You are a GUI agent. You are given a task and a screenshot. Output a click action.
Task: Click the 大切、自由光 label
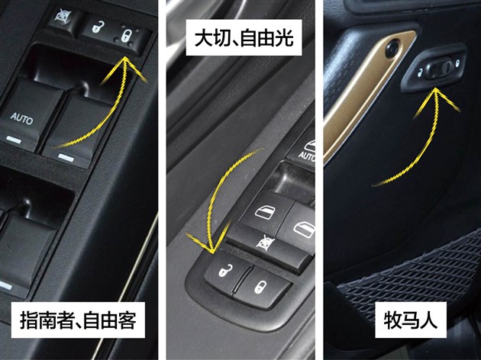pyautogui.click(x=244, y=37)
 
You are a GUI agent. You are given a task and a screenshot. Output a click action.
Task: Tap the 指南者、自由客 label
pyautogui.click(x=78, y=320)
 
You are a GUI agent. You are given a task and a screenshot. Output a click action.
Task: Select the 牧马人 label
pyautogui.click(x=411, y=320)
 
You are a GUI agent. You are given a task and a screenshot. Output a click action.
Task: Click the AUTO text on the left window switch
pyautogui.click(x=21, y=118)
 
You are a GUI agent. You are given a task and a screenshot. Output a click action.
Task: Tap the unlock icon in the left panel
pyautogui.click(x=98, y=27)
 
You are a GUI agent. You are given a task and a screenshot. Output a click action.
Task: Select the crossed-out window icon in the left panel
pyautogui.click(x=63, y=15)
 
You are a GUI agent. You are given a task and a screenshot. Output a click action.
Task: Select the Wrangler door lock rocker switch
pyautogui.click(x=439, y=69)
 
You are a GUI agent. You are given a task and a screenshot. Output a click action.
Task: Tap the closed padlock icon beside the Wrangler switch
pyautogui.click(x=457, y=63)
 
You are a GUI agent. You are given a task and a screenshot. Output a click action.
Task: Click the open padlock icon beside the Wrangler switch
pyautogui.click(x=420, y=73)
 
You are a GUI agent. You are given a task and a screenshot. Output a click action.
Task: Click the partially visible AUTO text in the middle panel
pyautogui.click(x=307, y=156)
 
